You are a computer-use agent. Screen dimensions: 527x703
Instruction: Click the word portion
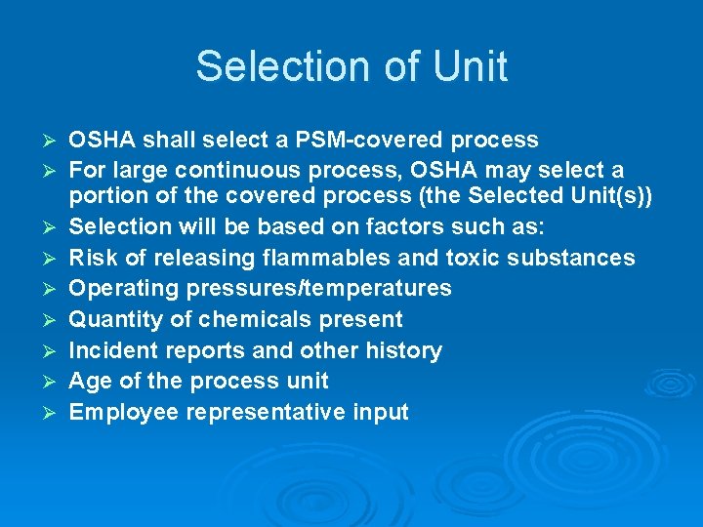tap(107, 195)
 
